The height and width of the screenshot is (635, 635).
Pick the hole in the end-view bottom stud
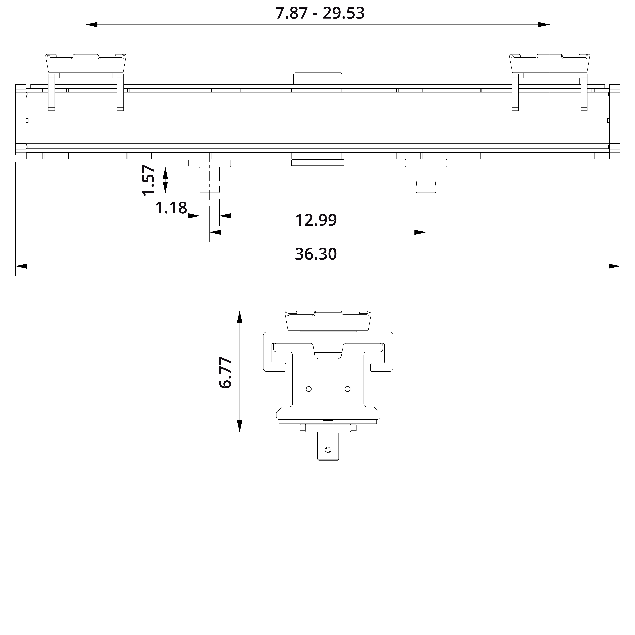coord(328,449)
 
